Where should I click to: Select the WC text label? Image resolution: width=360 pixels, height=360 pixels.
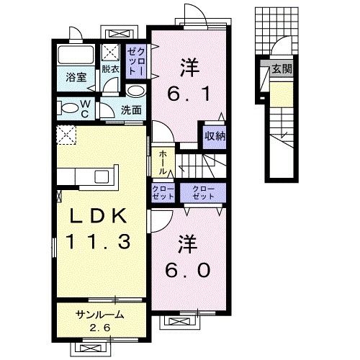pos(85,109)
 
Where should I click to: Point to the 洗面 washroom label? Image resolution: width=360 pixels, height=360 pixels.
pos(130,110)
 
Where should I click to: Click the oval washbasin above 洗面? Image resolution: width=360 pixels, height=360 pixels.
pos(135,91)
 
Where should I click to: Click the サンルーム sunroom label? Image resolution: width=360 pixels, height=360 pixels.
pos(99,315)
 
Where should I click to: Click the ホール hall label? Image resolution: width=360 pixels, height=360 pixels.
pos(162,162)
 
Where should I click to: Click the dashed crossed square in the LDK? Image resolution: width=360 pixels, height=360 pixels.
pos(67,133)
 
